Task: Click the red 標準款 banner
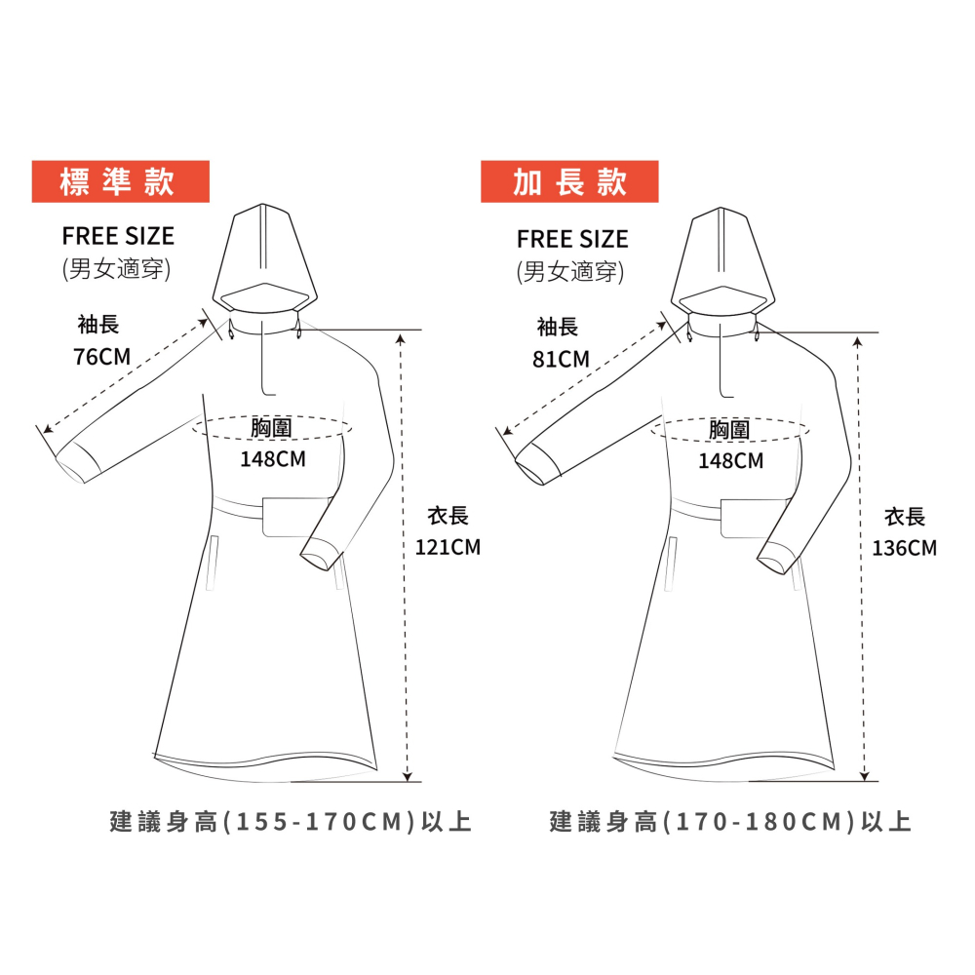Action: click(121, 181)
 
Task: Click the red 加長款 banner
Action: click(569, 181)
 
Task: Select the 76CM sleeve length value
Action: click(102, 357)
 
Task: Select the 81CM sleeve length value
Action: click(561, 360)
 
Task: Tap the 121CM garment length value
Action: click(448, 547)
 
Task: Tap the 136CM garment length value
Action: click(904, 548)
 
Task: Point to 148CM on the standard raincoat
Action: click(273, 459)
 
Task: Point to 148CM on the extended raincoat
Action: click(730, 461)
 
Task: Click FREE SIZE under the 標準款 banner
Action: click(118, 236)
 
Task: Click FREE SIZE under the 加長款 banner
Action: click(572, 240)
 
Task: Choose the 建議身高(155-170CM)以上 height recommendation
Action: click(291, 822)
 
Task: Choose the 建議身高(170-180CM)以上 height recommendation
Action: click(730, 822)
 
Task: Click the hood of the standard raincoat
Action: click(265, 261)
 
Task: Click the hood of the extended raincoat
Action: click(722, 264)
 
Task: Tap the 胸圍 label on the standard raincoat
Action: click(271, 428)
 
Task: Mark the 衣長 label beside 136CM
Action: click(905, 517)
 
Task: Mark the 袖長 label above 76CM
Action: click(98, 325)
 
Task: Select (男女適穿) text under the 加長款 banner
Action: click(570, 272)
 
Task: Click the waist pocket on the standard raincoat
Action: click(296, 518)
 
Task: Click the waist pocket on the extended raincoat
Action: click(754, 519)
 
